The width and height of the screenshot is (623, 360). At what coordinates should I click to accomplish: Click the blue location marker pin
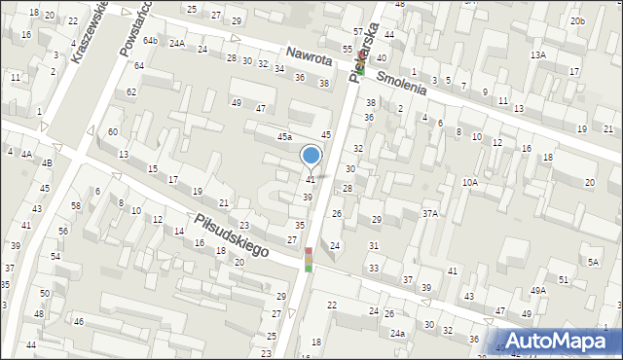click(x=311, y=156)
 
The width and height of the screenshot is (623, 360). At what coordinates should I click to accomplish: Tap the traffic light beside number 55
click(x=360, y=68)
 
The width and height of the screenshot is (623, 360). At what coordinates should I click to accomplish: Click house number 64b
click(x=150, y=41)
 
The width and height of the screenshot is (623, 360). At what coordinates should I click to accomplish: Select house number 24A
click(x=176, y=44)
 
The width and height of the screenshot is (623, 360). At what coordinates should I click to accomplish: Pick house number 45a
click(x=284, y=137)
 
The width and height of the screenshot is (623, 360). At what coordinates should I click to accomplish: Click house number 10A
click(x=470, y=182)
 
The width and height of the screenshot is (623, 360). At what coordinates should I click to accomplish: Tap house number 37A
click(x=429, y=213)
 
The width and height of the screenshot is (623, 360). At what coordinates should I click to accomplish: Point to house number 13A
click(x=537, y=55)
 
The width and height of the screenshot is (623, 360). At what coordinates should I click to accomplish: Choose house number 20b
click(x=578, y=20)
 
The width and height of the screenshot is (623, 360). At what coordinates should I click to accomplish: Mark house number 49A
click(x=538, y=291)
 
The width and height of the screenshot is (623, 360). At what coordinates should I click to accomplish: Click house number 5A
click(x=593, y=262)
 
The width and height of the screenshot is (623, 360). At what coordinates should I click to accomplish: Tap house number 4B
click(x=46, y=162)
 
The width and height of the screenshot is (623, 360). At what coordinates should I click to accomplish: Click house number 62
click(x=131, y=92)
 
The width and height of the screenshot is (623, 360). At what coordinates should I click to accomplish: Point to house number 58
click(x=75, y=205)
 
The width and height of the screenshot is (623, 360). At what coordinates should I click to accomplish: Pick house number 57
click(x=358, y=33)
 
